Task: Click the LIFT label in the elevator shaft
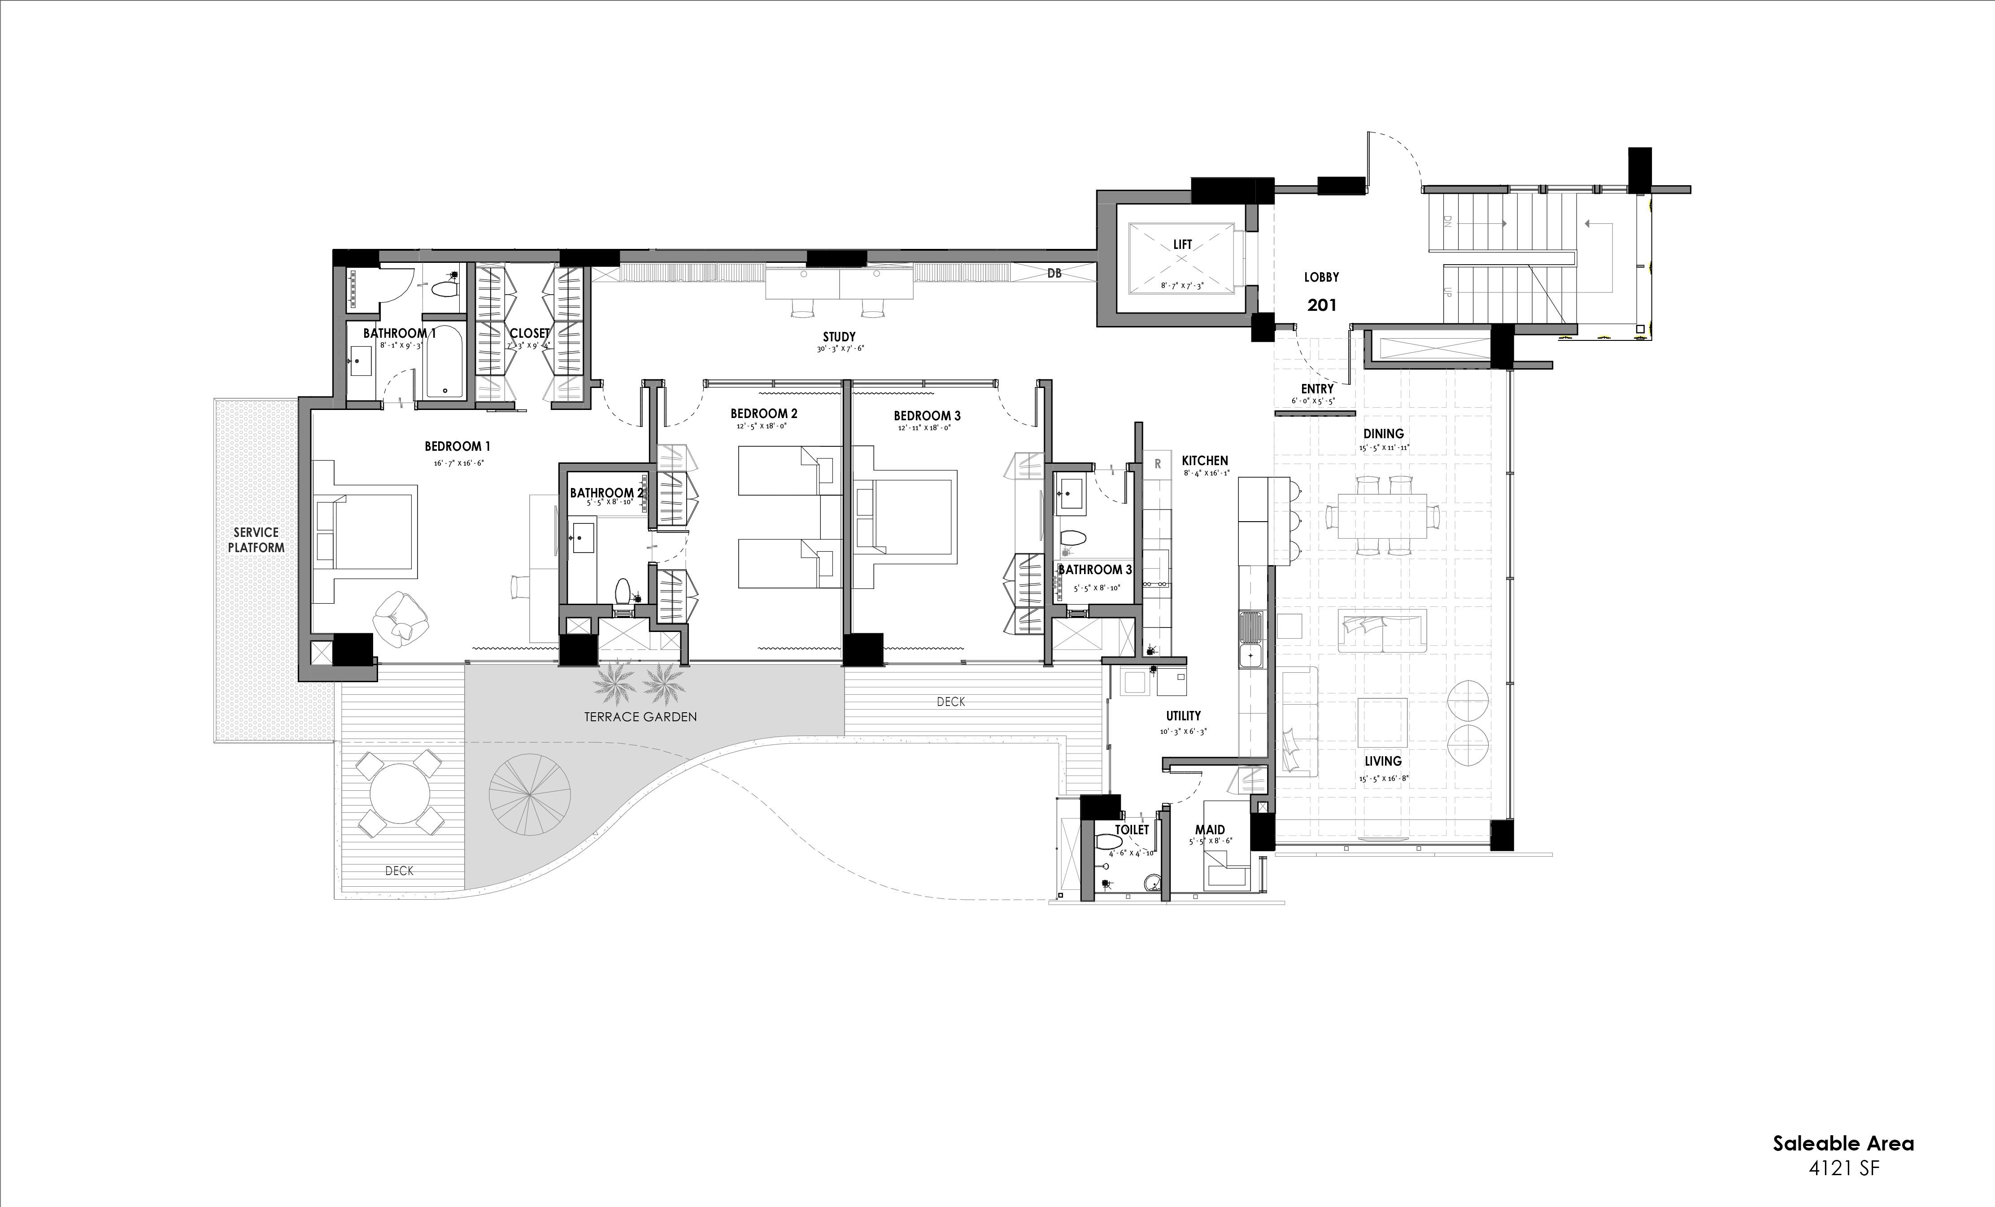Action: point(1182,244)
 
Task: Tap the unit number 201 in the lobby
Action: point(1321,305)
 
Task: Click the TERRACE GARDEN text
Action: point(640,716)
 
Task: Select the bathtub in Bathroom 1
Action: point(444,362)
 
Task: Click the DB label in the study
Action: point(1054,274)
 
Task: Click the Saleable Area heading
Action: point(1843,1144)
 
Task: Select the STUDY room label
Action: point(839,337)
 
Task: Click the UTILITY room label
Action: point(1183,715)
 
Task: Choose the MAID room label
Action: point(1210,830)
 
